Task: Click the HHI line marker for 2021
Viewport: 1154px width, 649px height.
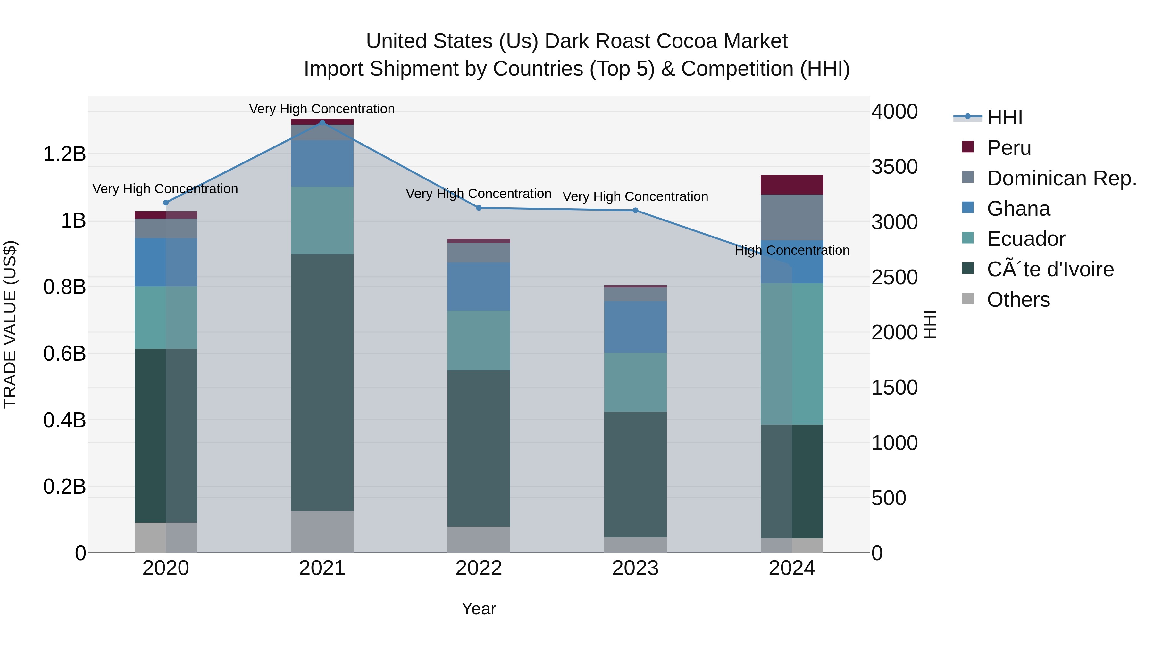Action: click(x=322, y=122)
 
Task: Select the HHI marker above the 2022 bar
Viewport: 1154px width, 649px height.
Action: click(x=479, y=208)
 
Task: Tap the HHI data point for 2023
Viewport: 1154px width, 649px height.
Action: click(x=635, y=211)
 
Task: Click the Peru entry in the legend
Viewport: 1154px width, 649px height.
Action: click(x=1008, y=148)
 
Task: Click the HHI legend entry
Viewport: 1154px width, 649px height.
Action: click(x=1004, y=117)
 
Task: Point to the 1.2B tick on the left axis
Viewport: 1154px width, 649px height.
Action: click(x=64, y=154)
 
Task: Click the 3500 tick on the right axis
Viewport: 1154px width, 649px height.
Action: click(x=894, y=167)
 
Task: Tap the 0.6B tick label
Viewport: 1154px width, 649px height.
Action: click(x=64, y=354)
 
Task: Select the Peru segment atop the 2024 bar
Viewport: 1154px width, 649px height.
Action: click(x=791, y=185)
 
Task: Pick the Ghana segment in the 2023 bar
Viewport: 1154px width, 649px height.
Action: click(x=635, y=327)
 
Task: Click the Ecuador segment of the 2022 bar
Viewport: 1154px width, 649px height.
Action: click(x=479, y=340)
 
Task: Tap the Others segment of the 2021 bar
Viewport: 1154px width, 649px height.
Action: click(x=322, y=532)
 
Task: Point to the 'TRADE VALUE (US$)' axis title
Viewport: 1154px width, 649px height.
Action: click(x=10, y=324)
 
